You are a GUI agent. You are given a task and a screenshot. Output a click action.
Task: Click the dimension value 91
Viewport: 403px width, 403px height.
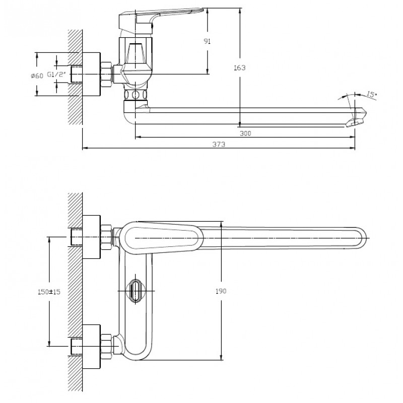(207, 41)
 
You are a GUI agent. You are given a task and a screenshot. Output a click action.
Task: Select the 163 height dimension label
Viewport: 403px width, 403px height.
(240, 68)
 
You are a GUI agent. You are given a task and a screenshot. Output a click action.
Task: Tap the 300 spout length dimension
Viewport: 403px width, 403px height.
(245, 133)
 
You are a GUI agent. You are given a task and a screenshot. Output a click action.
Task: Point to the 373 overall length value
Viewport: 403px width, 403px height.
(219, 145)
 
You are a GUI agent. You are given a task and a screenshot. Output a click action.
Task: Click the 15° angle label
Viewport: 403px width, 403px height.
(371, 94)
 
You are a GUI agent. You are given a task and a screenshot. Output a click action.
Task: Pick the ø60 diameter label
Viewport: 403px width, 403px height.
(37, 76)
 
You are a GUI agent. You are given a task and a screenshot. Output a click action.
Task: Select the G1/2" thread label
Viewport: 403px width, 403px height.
(56, 75)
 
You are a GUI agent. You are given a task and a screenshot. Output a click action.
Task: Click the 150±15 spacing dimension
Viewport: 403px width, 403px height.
(49, 292)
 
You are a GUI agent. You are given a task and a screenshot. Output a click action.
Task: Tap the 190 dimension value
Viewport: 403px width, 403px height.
(221, 291)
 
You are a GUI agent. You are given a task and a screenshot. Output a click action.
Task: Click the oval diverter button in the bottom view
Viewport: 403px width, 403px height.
(135, 291)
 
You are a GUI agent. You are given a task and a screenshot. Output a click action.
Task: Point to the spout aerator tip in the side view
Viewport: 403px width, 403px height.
(357, 118)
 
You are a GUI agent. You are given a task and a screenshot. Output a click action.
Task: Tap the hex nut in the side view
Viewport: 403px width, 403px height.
(106, 75)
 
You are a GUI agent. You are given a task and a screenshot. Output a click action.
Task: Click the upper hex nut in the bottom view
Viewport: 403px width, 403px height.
(106, 238)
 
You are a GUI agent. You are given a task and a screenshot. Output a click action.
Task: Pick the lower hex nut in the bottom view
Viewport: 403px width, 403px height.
(106, 347)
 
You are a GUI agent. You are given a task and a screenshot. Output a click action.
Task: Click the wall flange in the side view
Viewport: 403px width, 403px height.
(91, 75)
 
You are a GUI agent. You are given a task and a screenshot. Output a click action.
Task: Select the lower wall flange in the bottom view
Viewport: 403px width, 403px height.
(91, 347)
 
